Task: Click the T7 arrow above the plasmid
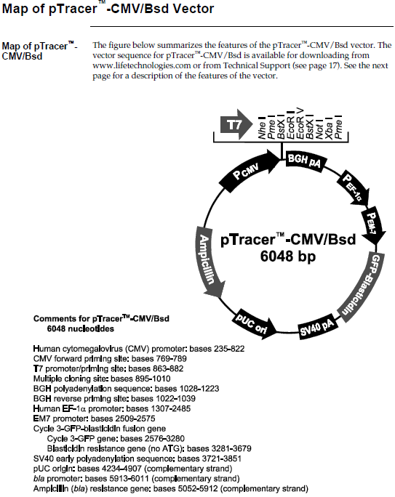pyautogui.click(x=236, y=124)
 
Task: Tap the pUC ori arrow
pyautogui.click(x=254, y=324)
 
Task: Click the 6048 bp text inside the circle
pyautogui.click(x=288, y=256)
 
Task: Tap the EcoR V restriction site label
pyautogui.click(x=300, y=124)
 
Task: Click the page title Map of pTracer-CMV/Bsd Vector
pyautogui.click(x=108, y=8)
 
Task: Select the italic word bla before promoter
pyautogui.click(x=39, y=479)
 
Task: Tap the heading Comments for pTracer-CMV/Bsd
pyautogui.click(x=101, y=318)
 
